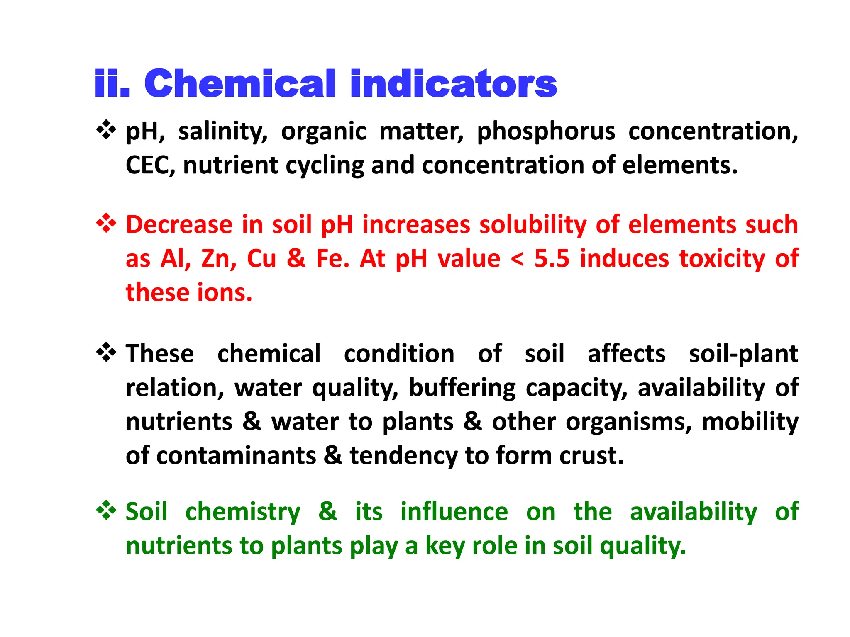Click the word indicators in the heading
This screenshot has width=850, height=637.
(x=453, y=84)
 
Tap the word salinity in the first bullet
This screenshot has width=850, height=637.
(x=223, y=132)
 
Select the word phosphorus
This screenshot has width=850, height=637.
(x=546, y=132)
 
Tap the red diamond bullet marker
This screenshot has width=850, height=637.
(x=106, y=223)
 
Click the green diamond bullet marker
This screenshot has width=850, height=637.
(x=106, y=510)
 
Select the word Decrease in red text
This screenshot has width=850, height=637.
(x=179, y=225)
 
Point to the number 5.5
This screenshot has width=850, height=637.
(x=552, y=259)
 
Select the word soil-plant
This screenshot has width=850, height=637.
(x=743, y=354)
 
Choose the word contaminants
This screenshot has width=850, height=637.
(x=236, y=455)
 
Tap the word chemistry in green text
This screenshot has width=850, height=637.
(x=243, y=512)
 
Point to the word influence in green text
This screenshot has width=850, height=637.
(x=454, y=512)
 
